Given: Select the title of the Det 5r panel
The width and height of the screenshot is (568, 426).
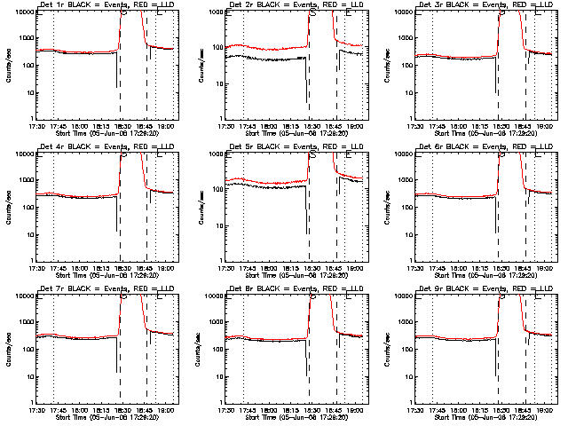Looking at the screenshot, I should pos(297,147).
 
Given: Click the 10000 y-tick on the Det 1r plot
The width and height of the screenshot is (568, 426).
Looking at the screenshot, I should pos(22,12).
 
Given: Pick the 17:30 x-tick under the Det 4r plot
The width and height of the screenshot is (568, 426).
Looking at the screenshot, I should pos(36,267).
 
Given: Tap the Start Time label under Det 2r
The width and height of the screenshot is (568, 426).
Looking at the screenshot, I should pos(297,133).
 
